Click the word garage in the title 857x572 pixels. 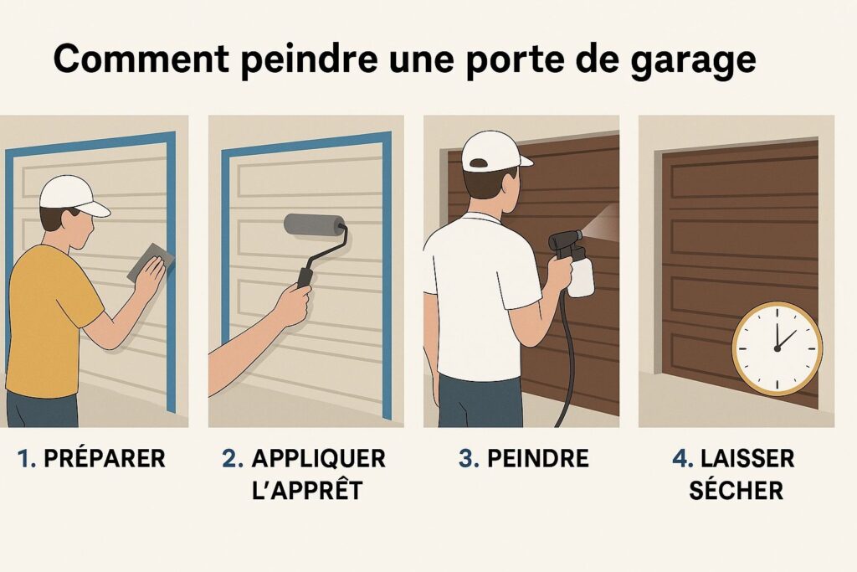click(693, 59)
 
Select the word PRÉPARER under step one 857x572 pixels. click(105, 458)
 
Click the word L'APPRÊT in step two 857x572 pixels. click(307, 490)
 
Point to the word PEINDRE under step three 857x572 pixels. click(538, 458)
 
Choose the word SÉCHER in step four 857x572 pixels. click(736, 490)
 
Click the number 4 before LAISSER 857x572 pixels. click(681, 459)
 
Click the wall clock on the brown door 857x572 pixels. click(777, 348)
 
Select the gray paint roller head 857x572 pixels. click(310, 225)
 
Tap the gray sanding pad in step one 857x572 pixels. click(150, 261)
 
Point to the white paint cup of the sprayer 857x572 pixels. click(581, 276)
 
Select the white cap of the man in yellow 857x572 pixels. click(73, 196)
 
